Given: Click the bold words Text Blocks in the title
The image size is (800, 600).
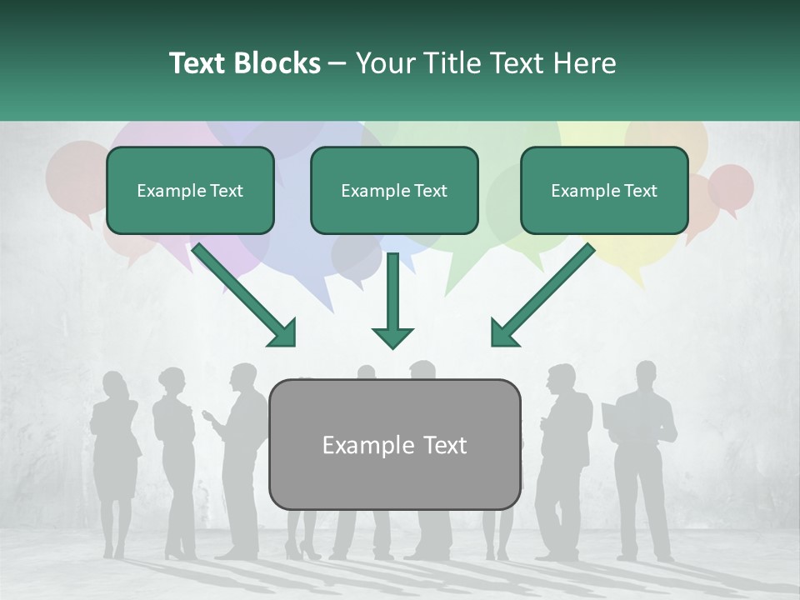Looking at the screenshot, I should coord(244,63).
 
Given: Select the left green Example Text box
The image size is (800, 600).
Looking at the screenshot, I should coord(190,191).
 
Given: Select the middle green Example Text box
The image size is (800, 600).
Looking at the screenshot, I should coord(394,191).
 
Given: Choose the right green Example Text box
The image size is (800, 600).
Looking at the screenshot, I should coord(604,191).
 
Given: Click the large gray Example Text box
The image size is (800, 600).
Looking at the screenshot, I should coord(395,444).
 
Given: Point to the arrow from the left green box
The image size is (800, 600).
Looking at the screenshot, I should coord(244,295).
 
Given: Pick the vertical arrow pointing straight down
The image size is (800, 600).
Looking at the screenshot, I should coord(392,300).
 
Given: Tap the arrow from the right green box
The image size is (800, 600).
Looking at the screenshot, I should coord(542,295).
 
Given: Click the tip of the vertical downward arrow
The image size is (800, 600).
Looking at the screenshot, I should coord(392,346).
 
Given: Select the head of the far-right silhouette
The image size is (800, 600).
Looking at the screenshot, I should coord(647,373).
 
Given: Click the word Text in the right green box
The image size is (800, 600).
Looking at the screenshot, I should coord(640,191).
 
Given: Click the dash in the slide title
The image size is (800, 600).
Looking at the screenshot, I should coord(337,64).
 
